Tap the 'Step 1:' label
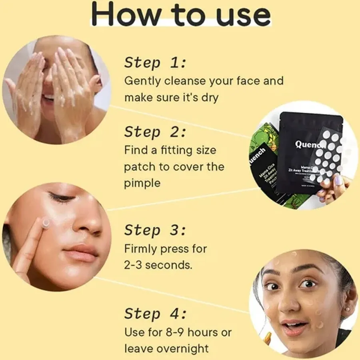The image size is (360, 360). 155,63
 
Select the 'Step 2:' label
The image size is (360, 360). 155,132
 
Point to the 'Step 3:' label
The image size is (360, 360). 155,231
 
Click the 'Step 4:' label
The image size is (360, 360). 155,314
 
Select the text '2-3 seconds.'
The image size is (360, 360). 158,265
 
